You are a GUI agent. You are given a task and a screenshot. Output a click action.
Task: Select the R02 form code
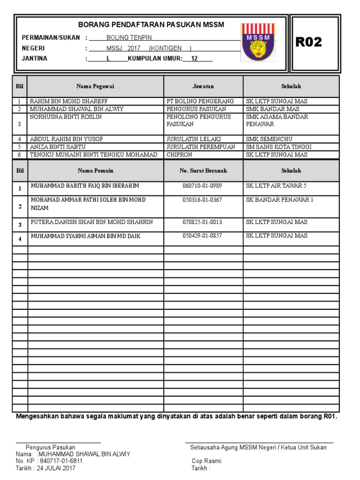click(x=308, y=43)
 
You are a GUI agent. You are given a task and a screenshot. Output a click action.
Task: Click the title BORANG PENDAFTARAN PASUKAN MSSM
click(x=150, y=24)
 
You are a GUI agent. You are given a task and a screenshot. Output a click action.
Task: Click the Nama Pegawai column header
click(x=95, y=86)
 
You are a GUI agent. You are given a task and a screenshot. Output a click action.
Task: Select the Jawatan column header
click(x=203, y=86)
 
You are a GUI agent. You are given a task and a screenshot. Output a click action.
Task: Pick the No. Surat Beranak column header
click(x=203, y=171)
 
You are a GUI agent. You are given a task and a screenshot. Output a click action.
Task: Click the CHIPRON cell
click(x=180, y=154)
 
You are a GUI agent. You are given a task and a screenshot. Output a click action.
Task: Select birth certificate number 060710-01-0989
click(x=202, y=186)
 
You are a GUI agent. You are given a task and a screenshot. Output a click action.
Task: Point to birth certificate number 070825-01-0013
click(x=202, y=222)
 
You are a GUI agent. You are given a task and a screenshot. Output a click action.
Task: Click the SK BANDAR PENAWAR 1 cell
click(x=279, y=200)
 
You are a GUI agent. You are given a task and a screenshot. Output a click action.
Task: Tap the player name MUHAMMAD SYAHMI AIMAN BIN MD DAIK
click(x=85, y=236)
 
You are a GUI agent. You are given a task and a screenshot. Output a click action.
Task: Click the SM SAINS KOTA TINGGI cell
click(x=278, y=147)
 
